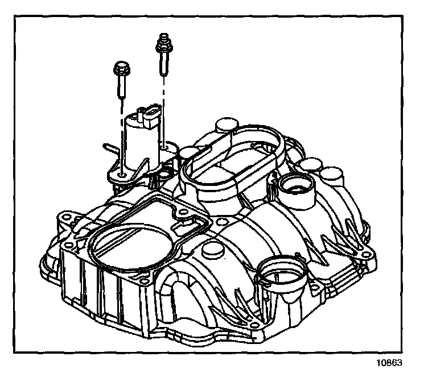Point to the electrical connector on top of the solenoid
point(149,117)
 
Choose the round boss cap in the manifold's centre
point(215,251)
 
